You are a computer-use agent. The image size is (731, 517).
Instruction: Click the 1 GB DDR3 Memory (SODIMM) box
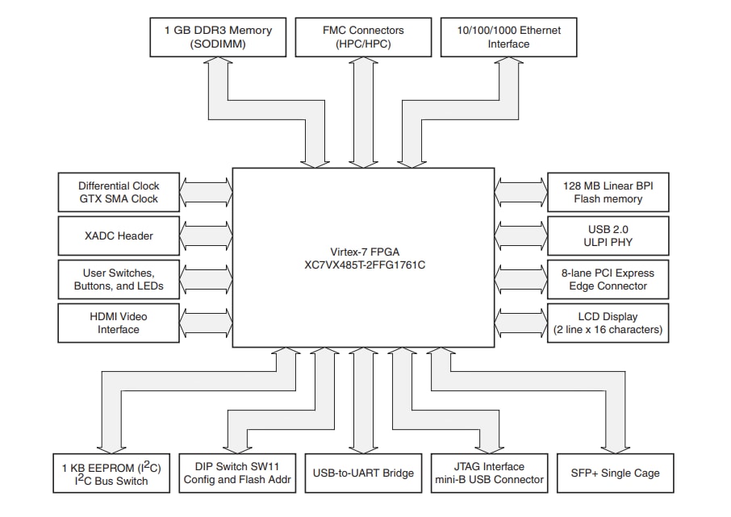click(x=218, y=37)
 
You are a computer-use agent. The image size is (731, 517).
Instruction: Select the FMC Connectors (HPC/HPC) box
click(x=364, y=37)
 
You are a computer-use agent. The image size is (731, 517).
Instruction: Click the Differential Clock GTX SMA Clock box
click(x=119, y=193)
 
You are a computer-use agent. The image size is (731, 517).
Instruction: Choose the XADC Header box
click(x=119, y=236)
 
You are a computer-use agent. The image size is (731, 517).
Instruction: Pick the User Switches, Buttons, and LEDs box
click(x=119, y=279)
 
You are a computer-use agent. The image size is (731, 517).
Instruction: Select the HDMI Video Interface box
click(x=119, y=323)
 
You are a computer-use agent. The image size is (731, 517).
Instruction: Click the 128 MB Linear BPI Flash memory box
click(x=608, y=193)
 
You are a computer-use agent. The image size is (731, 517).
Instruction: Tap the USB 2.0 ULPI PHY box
click(x=608, y=236)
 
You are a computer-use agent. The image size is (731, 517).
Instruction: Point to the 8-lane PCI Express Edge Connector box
click(x=608, y=279)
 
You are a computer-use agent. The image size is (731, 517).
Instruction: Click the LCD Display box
click(x=608, y=323)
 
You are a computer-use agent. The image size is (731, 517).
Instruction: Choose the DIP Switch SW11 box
click(x=236, y=473)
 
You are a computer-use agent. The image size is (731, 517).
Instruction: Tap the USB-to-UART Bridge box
click(x=363, y=473)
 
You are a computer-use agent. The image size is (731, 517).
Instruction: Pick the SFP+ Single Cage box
click(x=615, y=473)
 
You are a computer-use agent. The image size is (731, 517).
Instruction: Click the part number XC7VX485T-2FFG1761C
click(x=363, y=265)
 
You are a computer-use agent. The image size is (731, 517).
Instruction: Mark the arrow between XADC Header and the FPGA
click(x=206, y=236)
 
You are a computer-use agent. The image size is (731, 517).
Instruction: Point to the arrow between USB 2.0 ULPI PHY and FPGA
click(x=520, y=236)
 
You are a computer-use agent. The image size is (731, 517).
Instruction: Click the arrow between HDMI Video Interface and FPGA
click(x=206, y=323)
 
